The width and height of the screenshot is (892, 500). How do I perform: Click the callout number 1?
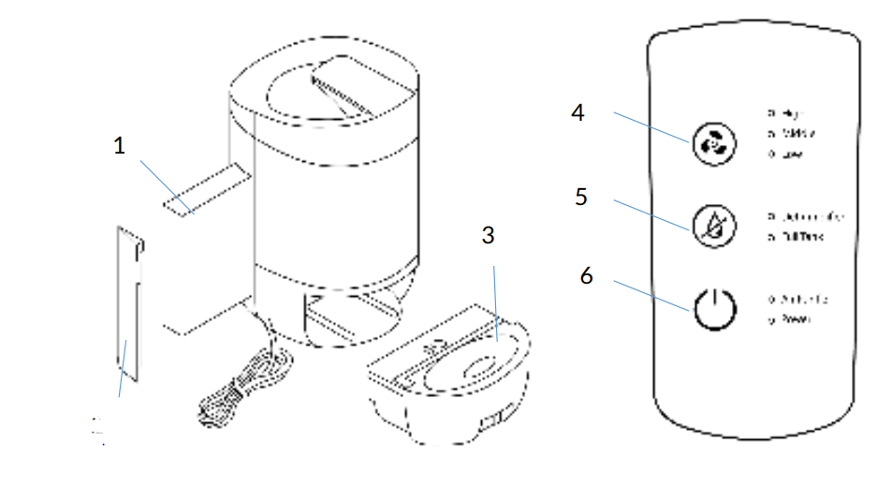click(x=119, y=146)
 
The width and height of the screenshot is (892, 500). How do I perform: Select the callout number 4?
click(x=578, y=112)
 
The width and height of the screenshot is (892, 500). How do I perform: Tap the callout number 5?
click(x=581, y=198)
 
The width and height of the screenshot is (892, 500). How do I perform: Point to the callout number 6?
click(x=587, y=276)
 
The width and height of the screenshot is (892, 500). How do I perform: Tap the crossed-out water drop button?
click(x=713, y=225)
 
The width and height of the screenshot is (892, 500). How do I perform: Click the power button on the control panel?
click(x=713, y=307)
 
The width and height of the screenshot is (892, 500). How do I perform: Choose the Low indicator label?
click(x=783, y=154)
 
